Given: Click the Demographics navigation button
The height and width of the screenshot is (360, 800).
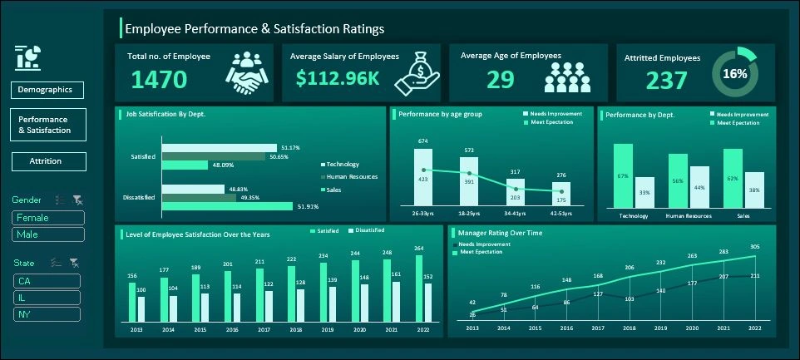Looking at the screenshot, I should pyautogui.click(x=47, y=90).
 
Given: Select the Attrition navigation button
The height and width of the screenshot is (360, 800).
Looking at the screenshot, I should pyautogui.click(x=47, y=161).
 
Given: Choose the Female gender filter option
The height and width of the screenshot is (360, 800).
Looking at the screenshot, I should pyautogui.click(x=47, y=218).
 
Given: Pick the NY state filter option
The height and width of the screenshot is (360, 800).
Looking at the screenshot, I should pyautogui.click(x=47, y=314).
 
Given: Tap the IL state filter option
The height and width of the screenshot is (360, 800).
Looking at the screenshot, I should pyautogui.click(x=47, y=298).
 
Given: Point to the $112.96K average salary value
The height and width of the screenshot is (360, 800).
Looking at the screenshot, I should pyautogui.click(x=338, y=79).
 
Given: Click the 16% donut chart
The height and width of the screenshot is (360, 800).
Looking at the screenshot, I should pyautogui.click(x=734, y=73).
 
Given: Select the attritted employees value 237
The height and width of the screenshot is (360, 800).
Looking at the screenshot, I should pyautogui.click(x=667, y=81).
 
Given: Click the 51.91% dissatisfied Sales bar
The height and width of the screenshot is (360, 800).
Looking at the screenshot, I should pyautogui.click(x=226, y=206).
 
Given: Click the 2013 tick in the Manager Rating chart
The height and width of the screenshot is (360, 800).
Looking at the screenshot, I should pyautogui.click(x=472, y=329).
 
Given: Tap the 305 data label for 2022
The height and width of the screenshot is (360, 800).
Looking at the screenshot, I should pyautogui.click(x=754, y=247).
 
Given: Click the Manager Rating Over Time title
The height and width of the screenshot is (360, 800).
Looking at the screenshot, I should pyautogui.click(x=500, y=233).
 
